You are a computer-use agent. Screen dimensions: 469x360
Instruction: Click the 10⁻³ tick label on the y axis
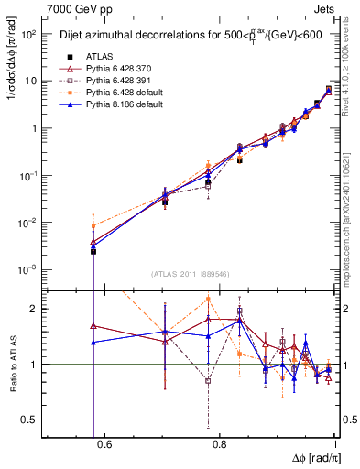[26, 269]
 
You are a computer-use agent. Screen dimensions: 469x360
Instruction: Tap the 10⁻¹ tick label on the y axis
[26, 175]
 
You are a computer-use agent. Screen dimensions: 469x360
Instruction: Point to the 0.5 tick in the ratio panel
[27, 420]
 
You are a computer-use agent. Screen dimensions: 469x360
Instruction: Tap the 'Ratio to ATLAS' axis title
[10, 364]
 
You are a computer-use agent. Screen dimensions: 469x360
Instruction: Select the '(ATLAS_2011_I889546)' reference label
[191, 275]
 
